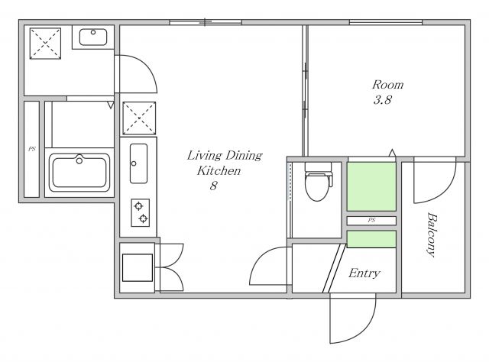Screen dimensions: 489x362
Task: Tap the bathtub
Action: [79, 173]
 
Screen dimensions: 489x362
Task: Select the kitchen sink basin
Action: [138, 163]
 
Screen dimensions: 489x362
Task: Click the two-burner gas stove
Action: [140, 212]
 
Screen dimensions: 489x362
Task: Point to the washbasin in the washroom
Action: [93, 37]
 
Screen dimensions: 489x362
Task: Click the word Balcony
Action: [431, 234]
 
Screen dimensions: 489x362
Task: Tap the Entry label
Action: [364, 273]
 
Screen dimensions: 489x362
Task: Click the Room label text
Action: [388, 85]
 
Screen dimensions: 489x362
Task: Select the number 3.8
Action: [382, 100]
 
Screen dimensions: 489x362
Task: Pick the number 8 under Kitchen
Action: [213, 186]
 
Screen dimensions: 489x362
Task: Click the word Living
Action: [204, 155]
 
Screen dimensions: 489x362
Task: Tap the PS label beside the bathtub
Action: [32, 149]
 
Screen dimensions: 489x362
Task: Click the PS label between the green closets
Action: [371, 220]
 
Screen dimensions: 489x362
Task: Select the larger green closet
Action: [371, 186]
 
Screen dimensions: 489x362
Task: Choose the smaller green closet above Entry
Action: [371, 239]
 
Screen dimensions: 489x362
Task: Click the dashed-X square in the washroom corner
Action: [45, 44]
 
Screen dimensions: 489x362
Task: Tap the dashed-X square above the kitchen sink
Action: [139, 118]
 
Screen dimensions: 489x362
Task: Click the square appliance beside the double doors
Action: [138, 267]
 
